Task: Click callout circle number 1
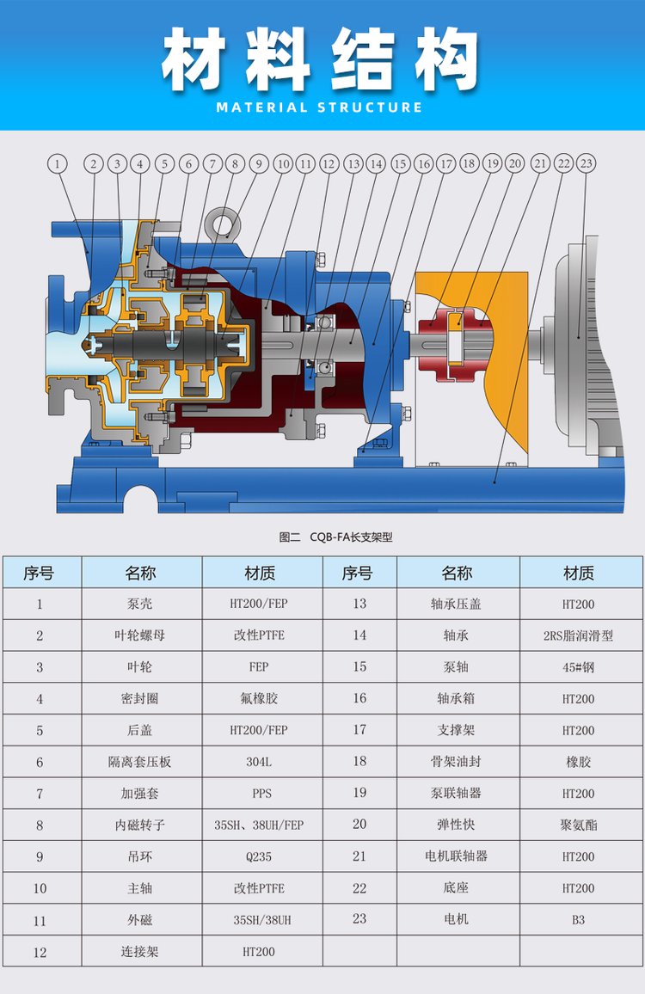58,163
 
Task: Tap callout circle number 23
586,163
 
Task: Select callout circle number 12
329,163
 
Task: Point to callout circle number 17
445,163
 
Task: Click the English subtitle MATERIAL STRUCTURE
320,107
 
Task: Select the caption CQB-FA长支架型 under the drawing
336,537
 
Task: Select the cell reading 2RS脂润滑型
578,635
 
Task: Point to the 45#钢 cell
578,667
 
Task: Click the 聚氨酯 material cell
578,825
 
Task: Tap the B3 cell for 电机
578,919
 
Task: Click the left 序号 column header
40,573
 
